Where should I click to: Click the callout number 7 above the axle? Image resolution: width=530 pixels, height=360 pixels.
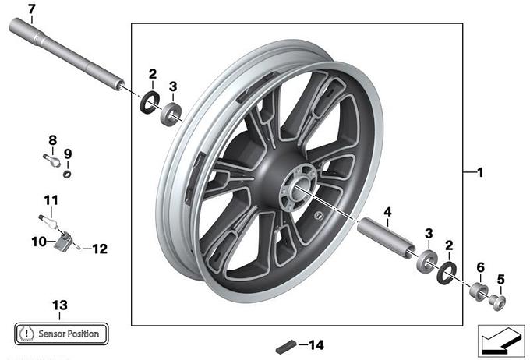[31, 9]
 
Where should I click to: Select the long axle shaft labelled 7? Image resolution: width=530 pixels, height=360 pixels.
[66, 54]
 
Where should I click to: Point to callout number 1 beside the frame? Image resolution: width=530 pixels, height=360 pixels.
[480, 172]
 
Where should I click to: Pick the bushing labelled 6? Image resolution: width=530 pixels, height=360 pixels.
[479, 291]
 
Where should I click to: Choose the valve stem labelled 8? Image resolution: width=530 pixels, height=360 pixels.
[51, 160]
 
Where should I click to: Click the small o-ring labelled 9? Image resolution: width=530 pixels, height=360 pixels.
[67, 175]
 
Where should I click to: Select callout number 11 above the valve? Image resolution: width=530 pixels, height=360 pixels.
[51, 200]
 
